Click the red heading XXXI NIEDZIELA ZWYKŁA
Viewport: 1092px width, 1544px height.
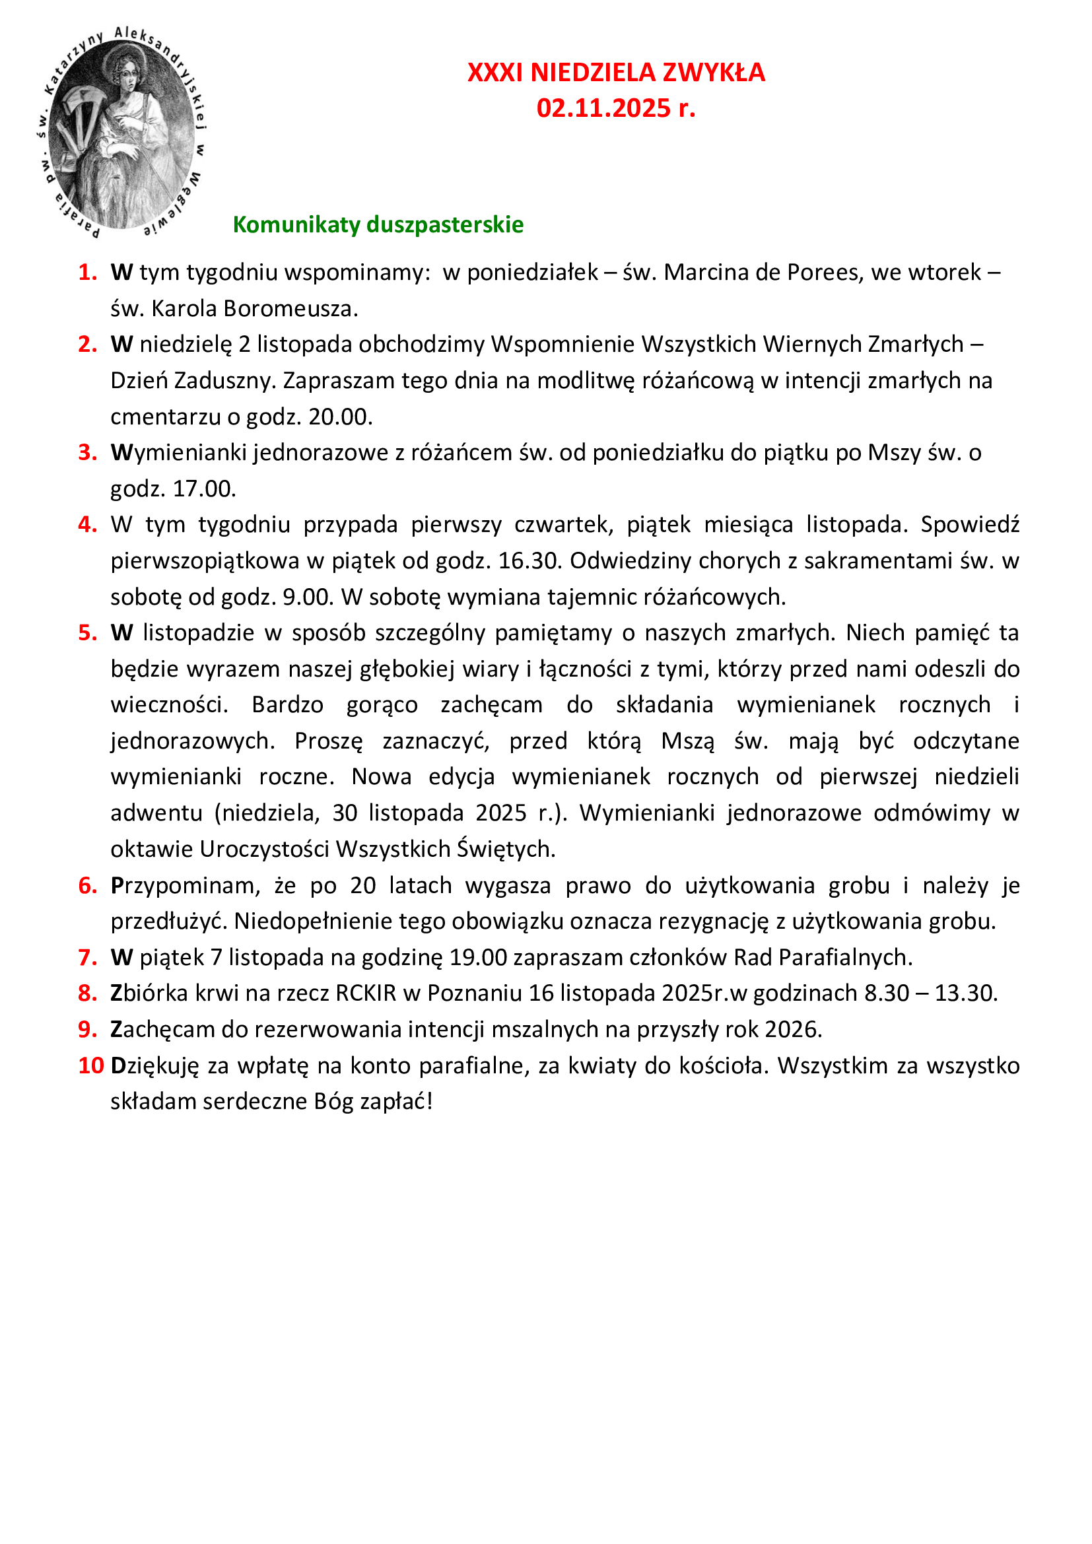pos(615,73)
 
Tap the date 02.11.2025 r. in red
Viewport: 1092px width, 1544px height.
pos(615,108)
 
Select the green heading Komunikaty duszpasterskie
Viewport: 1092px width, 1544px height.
pos(378,224)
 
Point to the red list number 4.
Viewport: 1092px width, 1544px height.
pos(87,524)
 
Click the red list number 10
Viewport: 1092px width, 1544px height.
pos(90,1065)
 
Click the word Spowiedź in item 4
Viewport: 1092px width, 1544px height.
pos(969,525)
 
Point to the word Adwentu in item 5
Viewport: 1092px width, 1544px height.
pos(156,813)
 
